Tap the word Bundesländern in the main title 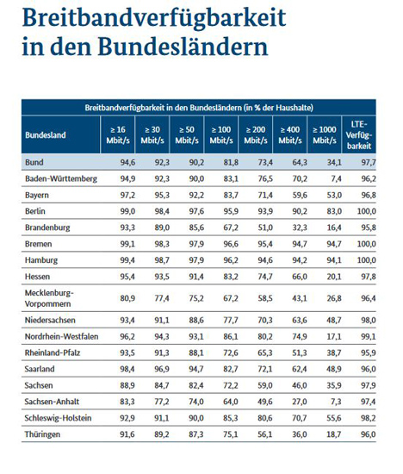pyautogui.click(x=183, y=47)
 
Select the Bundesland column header pyautogui.click(x=46, y=134)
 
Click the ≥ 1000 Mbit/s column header pyautogui.click(x=325, y=134)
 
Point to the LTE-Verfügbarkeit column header pyautogui.click(x=359, y=134)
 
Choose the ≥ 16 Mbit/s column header pyautogui.click(x=118, y=134)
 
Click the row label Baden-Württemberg pyautogui.click(x=61, y=178)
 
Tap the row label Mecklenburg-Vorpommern pyautogui.click(x=49, y=298)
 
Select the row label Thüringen pyautogui.click(x=42, y=434)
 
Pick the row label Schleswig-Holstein pyautogui.click(x=58, y=418)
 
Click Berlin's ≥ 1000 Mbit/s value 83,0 pyautogui.click(x=334, y=211)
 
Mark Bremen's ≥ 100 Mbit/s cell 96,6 pyautogui.click(x=231, y=244)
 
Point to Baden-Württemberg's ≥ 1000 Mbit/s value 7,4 pyautogui.click(x=336, y=178)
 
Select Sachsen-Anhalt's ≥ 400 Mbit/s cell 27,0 pyautogui.click(x=300, y=402)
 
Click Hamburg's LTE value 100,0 pyautogui.click(x=367, y=260)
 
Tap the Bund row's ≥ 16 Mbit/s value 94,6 pyautogui.click(x=127, y=162)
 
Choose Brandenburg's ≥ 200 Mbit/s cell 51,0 pyautogui.click(x=265, y=228)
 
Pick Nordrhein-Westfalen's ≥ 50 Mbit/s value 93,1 pyautogui.click(x=196, y=336)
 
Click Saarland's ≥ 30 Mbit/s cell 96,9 pyautogui.click(x=162, y=369)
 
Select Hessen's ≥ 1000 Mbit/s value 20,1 pyautogui.click(x=334, y=277)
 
